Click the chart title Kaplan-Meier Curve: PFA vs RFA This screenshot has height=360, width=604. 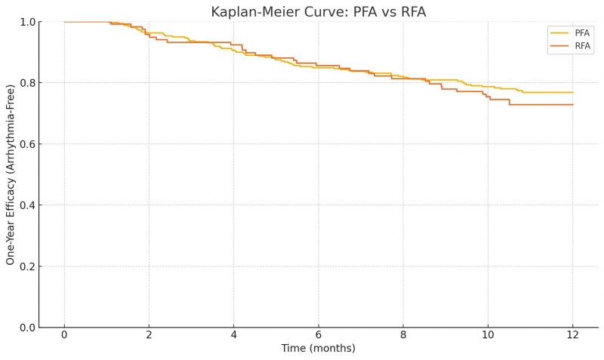[318, 12]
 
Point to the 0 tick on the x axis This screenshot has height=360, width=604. [64, 335]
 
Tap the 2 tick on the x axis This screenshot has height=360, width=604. [149, 335]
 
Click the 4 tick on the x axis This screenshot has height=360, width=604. [233, 335]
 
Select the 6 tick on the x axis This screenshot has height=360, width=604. [318, 335]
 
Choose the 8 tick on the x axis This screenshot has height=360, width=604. [403, 335]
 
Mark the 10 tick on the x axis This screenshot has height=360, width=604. [488, 335]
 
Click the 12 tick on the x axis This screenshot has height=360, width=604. [572, 335]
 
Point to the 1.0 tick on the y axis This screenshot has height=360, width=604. [26, 22]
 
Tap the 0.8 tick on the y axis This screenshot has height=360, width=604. [26, 83]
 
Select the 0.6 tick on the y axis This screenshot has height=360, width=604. [26, 144]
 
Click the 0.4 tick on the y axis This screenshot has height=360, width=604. [26, 205]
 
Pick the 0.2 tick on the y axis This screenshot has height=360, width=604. [26, 266]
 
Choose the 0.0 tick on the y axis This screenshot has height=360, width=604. [26, 328]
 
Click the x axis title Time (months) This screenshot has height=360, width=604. [318, 349]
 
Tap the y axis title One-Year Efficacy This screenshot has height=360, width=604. [11, 174]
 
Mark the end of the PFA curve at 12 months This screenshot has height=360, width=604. [572, 92]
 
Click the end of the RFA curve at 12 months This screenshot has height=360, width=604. [572, 104]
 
